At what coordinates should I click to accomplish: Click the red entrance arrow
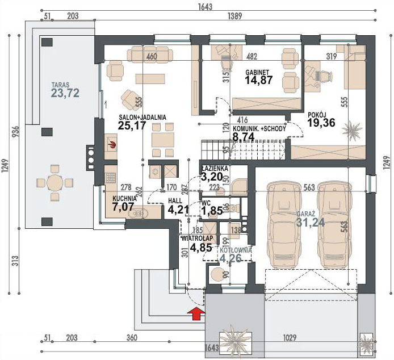(x=196, y=312)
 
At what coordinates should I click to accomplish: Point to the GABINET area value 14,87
(x=259, y=81)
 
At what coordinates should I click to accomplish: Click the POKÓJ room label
(x=317, y=114)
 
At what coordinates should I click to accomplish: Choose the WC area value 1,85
(x=211, y=211)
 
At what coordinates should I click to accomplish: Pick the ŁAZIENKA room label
(x=215, y=169)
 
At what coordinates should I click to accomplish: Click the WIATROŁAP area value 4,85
(x=201, y=248)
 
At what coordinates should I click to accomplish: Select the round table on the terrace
(x=55, y=183)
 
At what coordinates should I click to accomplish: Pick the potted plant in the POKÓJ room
(x=353, y=131)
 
